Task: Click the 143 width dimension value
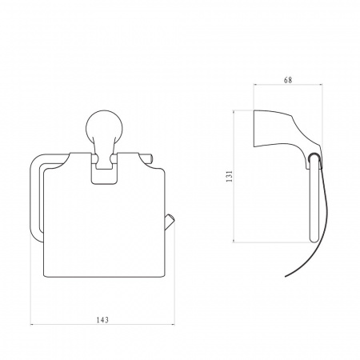[102, 319]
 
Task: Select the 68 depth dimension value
[288, 80]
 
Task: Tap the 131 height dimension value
[230, 176]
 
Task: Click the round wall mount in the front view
[104, 128]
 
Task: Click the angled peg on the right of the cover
[170, 221]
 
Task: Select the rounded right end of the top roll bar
[150, 158]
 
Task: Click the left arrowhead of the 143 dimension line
[31, 324]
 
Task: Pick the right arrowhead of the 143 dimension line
[174, 324]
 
